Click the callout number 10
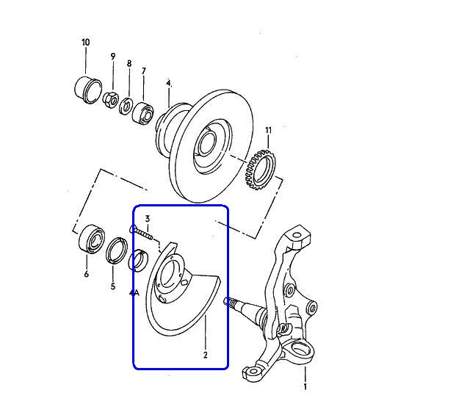[86, 43]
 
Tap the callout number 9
[112, 57]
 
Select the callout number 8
[129, 63]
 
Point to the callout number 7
[144, 71]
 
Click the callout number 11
[268, 130]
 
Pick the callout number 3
[148, 219]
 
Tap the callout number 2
[206, 355]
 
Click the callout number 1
[305, 386]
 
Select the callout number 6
[87, 274]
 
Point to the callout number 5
[112, 286]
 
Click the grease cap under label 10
[88, 90]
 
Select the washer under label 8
[126, 106]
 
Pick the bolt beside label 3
[141, 233]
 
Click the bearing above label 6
[92, 238]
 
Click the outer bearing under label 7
[143, 113]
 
